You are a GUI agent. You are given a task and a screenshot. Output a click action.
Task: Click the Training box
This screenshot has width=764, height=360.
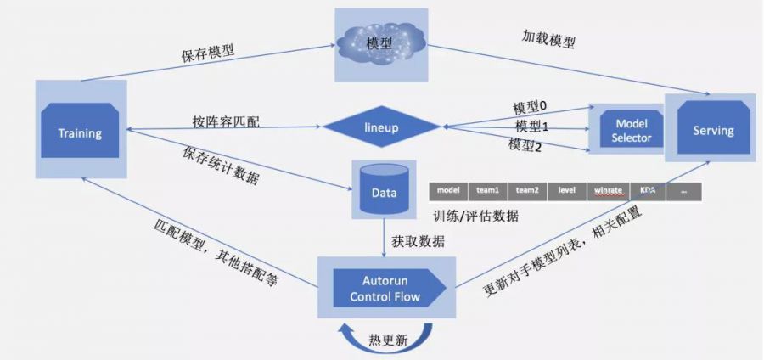[81, 132]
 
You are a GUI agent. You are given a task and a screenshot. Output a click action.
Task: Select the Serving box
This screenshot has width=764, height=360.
[712, 130]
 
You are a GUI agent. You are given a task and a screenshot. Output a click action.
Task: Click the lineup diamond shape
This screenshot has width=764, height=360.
[381, 128]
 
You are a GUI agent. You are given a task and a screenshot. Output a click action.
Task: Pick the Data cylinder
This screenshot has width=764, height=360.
[384, 193]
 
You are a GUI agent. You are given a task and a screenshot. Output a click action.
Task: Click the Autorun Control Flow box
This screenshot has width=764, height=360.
[385, 287]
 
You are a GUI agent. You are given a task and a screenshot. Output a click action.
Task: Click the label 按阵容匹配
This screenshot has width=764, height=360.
[226, 121]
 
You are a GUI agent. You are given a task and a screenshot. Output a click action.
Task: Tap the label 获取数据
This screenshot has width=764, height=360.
[419, 240]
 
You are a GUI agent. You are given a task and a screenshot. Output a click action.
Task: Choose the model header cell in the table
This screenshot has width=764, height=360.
[449, 191]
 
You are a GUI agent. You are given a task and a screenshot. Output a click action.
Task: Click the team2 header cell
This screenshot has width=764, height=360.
[528, 191]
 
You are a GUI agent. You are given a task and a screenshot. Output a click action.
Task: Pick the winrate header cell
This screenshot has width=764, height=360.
[609, 191]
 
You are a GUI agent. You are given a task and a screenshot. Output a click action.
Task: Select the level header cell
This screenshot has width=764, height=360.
[567, 191]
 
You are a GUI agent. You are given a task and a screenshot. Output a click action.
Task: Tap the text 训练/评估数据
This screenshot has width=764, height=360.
[475, 216]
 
